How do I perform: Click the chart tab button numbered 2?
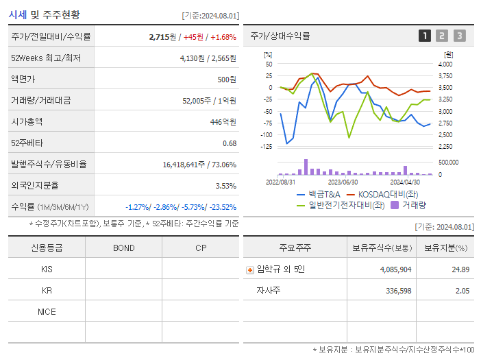(442, 36)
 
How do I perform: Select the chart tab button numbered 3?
(459, 36)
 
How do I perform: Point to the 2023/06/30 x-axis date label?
(343, 182)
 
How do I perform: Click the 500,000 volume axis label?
(449, 163)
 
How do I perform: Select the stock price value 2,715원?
(164, 36)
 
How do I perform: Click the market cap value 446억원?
(223, 121)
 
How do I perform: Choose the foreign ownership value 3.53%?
(225, 185)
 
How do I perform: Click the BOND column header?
(123, 248)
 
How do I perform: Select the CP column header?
(200, 248)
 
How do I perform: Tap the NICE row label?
(47, 311)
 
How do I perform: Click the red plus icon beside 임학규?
(249, 269)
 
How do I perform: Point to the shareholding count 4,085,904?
(395, 269)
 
